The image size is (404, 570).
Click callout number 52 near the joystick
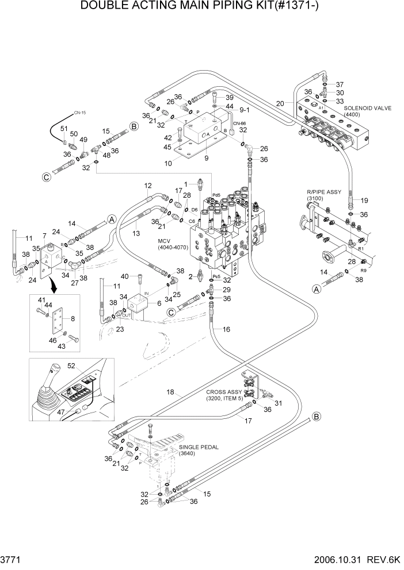87,366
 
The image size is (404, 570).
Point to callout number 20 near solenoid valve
280,103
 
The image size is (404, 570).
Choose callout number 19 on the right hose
364,200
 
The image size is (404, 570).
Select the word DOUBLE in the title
102,7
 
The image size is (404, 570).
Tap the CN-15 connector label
79,113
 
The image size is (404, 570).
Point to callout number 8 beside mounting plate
72,317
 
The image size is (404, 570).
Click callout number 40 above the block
124,277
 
